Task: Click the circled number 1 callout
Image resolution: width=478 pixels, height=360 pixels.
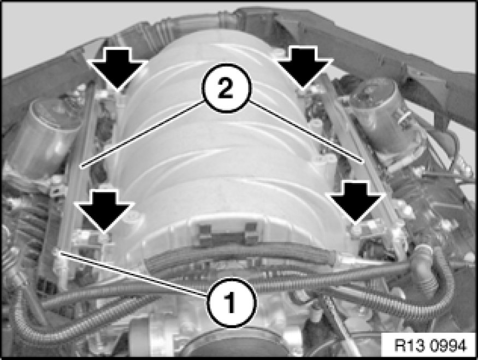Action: [x=232, y=303]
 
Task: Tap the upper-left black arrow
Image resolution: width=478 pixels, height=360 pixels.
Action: [x=117, y=70]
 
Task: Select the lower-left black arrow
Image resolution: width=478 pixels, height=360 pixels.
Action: [x=104, y=211]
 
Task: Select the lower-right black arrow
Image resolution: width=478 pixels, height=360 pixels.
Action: [x=356, y=202]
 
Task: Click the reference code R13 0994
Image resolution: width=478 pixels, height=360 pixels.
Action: [x=430, y=346]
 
